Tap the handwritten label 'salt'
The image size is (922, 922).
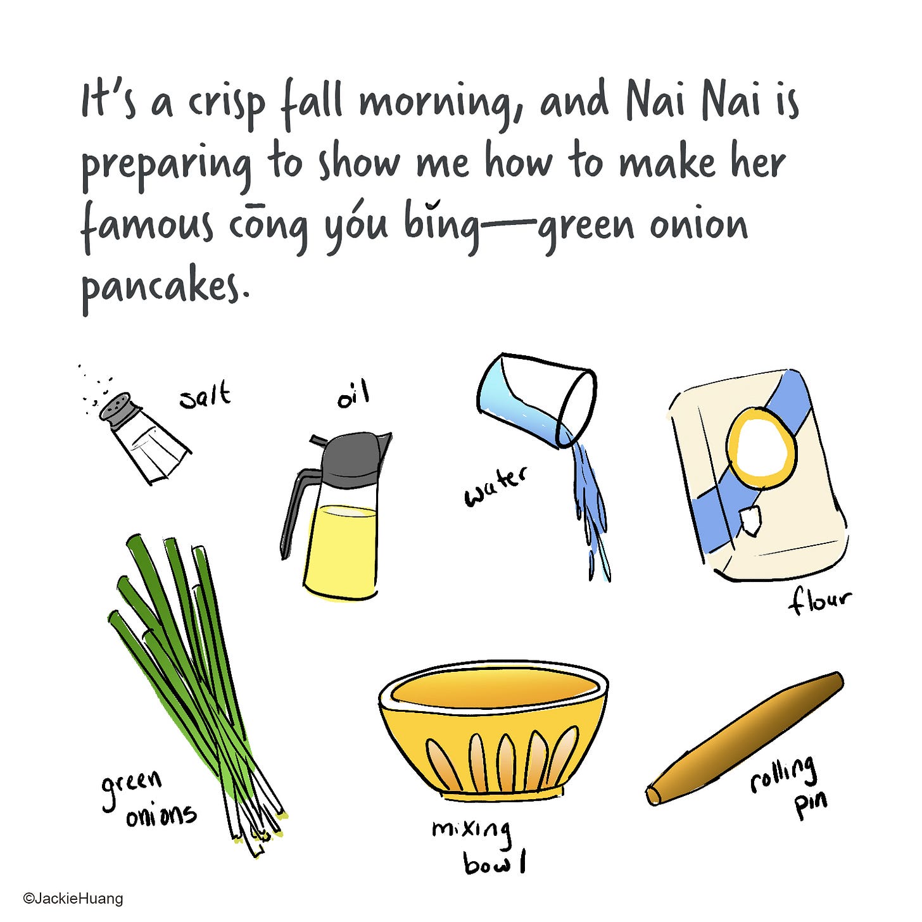pyautogui.click(x=205, y=396)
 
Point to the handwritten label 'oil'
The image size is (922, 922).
pyautogui.click(x=353, y=397)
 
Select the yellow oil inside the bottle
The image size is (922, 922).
pyautogui.click(x=340, y=550)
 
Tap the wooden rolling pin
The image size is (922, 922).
pyautogui.click(x=745, y=739)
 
